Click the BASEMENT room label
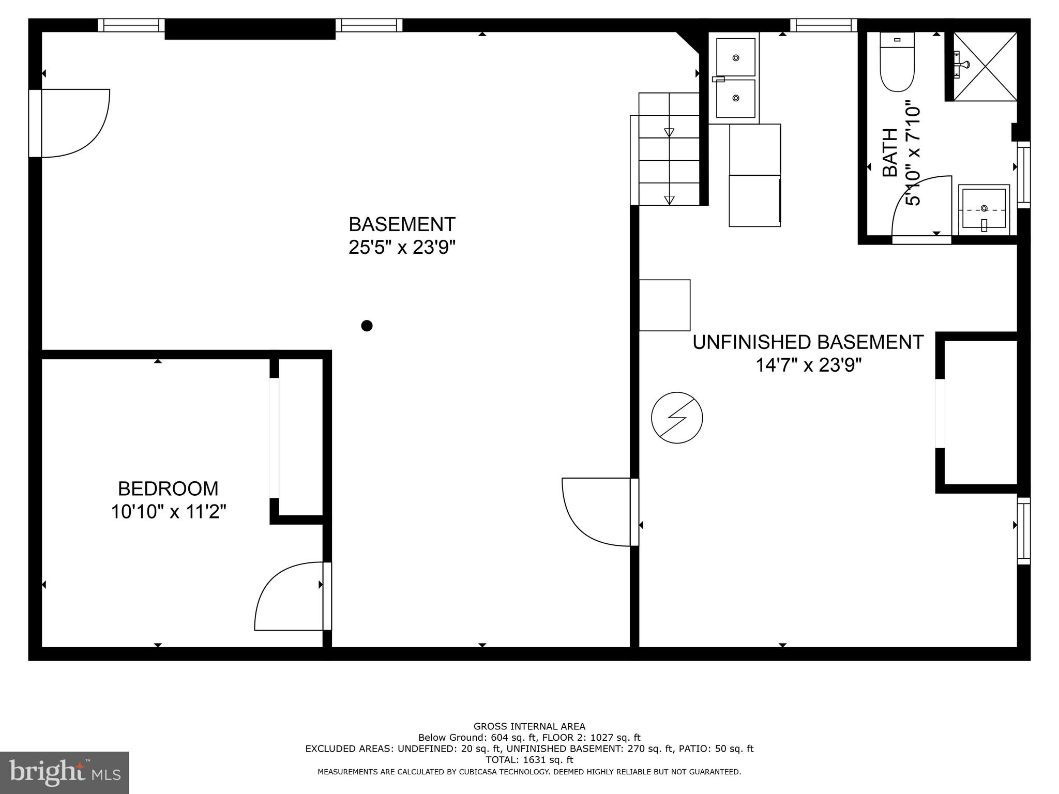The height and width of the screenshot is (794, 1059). click(402, 224)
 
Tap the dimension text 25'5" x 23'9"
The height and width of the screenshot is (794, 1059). click(402, 248)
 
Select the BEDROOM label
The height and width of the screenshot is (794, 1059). click(168, 488)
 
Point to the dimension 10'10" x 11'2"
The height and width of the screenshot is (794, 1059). click(168, 512)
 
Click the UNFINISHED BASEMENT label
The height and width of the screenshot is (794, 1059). click(808, 342)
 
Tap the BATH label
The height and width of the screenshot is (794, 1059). click(889, 153)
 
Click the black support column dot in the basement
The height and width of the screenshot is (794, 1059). click(367, 326)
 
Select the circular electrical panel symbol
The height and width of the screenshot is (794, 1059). click(677, 418)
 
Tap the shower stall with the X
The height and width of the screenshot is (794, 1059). click(985, 66)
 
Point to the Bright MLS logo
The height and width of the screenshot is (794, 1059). click(64, 772)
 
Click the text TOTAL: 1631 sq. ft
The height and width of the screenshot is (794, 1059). click(529, 760)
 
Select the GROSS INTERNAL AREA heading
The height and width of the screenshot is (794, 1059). click(529, 726)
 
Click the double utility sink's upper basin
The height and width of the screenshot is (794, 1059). click(735, 57)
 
